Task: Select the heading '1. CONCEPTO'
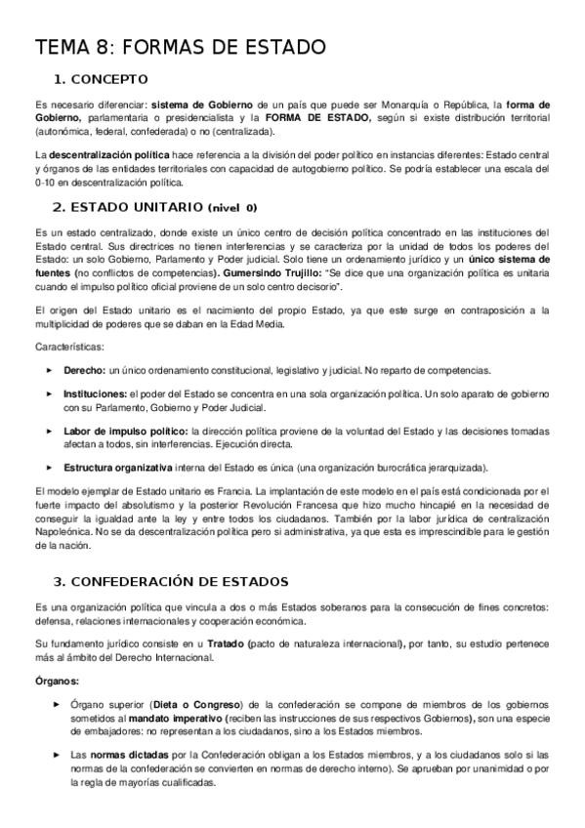tap(101, 79)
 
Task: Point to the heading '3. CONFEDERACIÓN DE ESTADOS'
tap(170, 581)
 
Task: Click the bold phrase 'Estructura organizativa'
tap(118, 468)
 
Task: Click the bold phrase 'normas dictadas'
tap(129, 754)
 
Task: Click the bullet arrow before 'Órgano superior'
tap(56, 703)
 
